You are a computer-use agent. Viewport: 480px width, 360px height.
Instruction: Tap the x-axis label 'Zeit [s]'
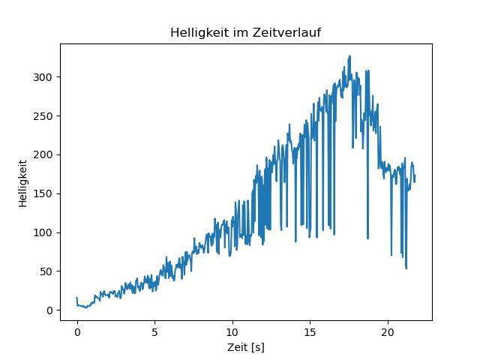click(246, 348)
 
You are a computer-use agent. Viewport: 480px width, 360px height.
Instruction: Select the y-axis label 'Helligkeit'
click(23, 182)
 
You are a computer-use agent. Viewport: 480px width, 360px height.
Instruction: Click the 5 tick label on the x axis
click(154, 331)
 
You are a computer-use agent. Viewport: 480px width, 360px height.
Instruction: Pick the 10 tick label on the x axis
click(232, 331)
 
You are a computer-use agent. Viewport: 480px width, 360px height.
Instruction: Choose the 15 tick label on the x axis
click(310, 331)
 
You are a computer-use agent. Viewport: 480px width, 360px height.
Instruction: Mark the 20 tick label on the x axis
click(388, 331)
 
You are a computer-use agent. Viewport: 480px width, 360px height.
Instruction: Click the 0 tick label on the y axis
click(50, 310)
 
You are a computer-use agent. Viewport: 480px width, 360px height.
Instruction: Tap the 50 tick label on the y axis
click(47, 271)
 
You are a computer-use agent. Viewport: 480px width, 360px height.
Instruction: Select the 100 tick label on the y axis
click(44, 232)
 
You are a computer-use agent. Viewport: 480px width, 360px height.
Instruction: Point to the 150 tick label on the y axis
click(44, 193)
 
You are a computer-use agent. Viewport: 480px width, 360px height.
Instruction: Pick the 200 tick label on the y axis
click(44, 154)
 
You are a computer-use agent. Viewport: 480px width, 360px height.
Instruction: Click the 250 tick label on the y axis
click(44, 116)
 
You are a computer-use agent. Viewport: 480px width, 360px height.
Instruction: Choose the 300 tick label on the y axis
click(44, 77)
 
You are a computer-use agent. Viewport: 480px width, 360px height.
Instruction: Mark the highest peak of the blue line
click(349, 56)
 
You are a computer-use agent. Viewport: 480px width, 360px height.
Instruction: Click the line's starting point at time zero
click(77, 298)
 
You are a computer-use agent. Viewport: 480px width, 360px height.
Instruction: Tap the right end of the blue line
click(415, 175)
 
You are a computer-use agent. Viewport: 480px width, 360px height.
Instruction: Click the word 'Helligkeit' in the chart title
click(196, 33)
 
